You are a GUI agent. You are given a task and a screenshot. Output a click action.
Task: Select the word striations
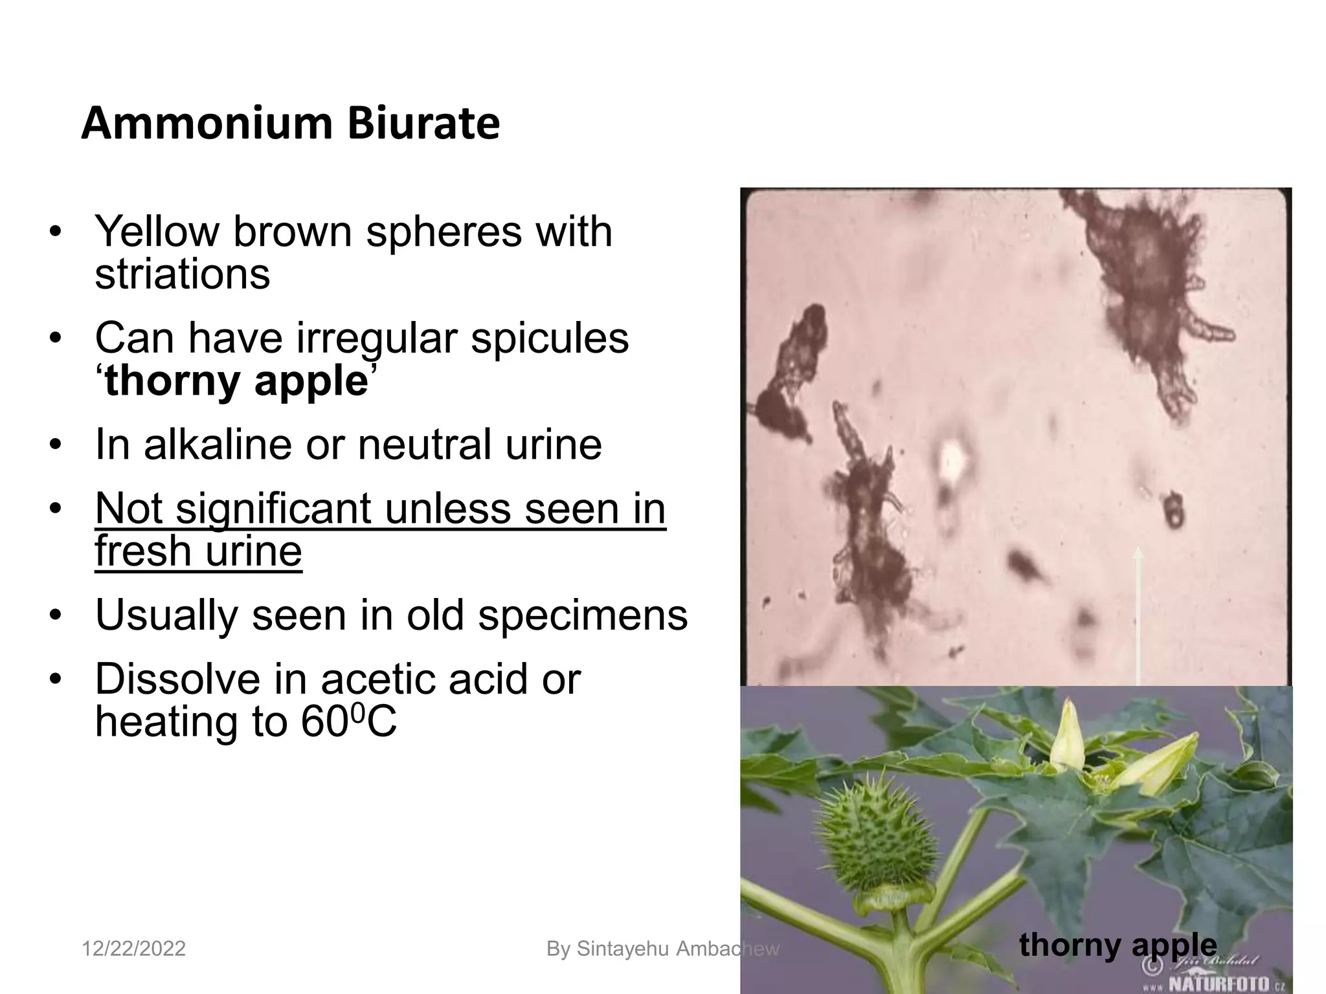(182, 274)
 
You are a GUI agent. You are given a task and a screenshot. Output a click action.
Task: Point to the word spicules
(549, 338)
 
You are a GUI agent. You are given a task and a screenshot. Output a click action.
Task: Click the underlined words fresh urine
(198, 551)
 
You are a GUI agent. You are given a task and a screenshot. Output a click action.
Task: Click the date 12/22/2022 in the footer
(133, 949)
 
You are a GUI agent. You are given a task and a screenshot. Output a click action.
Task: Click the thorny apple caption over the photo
(1118, 945)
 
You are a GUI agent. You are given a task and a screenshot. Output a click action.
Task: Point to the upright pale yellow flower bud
(1066, 738)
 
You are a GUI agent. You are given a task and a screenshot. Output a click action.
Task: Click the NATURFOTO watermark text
(1217, 984)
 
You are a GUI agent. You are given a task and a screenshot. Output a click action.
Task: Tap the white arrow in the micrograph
(1138, 615)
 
